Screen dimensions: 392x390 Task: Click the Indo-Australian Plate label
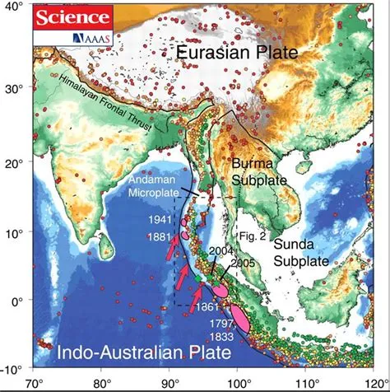click(144, 355)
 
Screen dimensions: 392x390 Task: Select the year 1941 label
click(162, 221)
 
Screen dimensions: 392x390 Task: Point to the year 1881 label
click(160, 237)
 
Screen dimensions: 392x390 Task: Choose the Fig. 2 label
click(248, 235)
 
